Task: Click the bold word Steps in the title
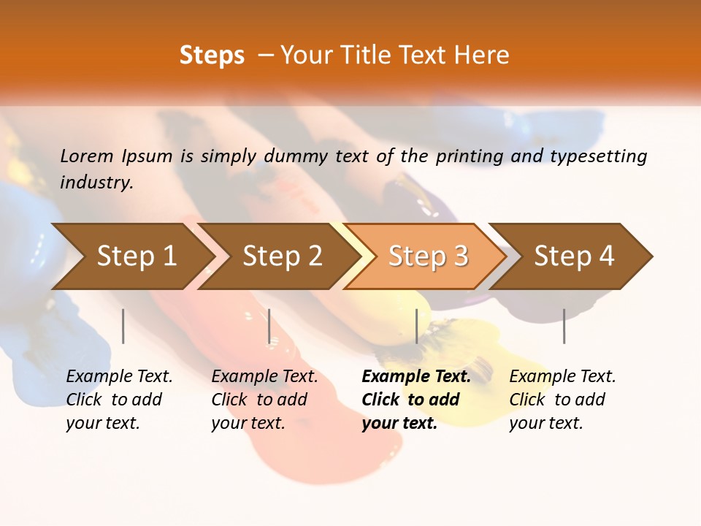(212, 56)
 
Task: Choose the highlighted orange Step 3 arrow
(428, 256)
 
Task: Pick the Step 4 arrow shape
(574, 256)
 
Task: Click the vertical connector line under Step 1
(123, 326)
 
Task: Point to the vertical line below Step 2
(269, 326)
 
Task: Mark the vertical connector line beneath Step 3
(416, 326)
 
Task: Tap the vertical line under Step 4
(564, 326)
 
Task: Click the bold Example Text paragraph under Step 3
(415, 400)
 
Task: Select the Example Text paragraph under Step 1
(119, 400)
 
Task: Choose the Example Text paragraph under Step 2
(264, 400)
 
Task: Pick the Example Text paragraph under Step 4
(562, 400)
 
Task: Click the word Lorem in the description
(87, 156)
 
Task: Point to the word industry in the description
(96, 183)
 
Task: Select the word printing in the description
(468, 156)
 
